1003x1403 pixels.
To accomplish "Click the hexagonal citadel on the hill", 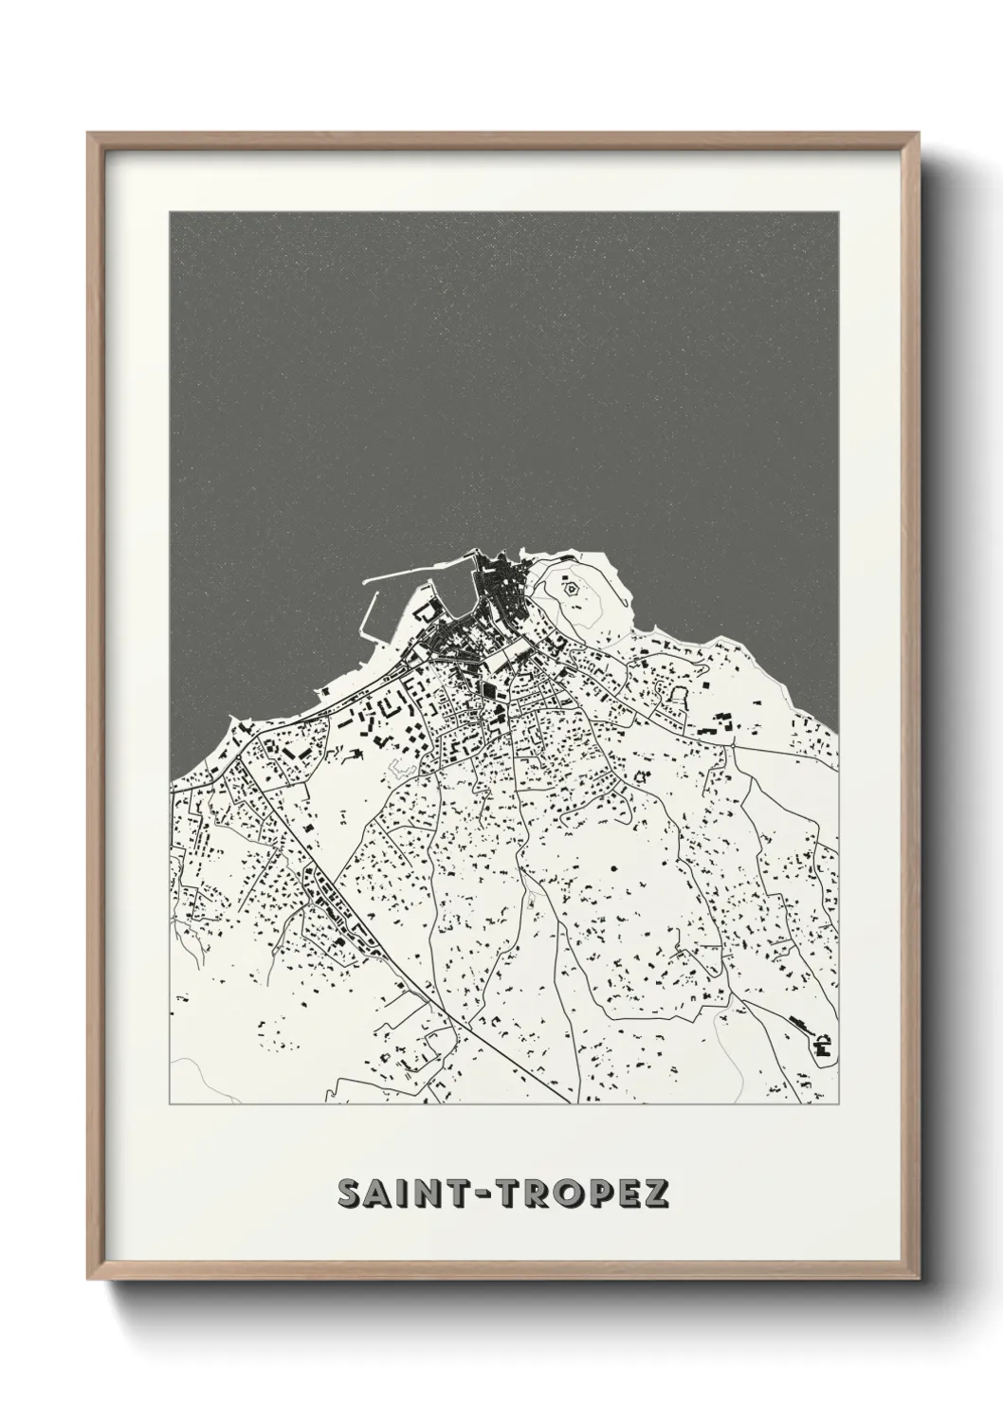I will tap(573, 589).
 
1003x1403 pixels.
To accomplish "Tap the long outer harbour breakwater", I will tap(417, 573).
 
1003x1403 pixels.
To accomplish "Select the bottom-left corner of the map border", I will tap(171, 1103).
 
